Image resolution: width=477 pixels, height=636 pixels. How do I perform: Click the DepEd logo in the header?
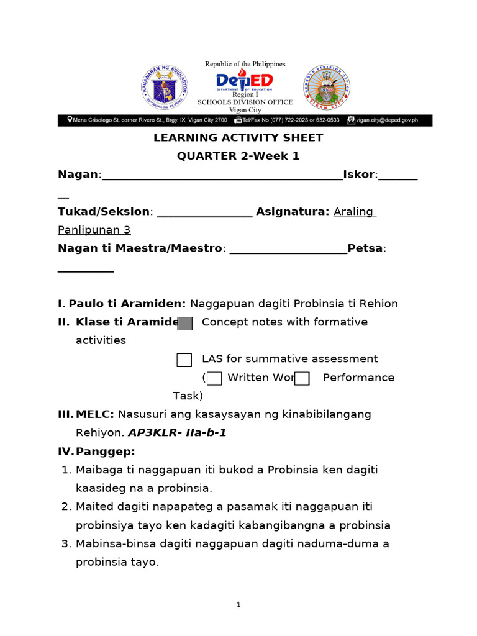[243, 82]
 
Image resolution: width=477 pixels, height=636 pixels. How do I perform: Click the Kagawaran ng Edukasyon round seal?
[165, 88]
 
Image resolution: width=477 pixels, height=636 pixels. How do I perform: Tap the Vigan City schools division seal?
[326, 88]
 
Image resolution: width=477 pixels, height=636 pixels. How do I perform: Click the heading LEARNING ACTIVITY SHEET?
[238, 138]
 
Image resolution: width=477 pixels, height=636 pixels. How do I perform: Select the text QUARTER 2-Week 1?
[238, 157]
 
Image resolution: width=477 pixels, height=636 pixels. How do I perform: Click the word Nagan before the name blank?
[78, 175]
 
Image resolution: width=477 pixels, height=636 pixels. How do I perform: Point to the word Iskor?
[359, 175]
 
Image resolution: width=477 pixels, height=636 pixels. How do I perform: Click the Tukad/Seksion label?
[104, 212]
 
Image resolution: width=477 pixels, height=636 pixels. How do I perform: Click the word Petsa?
[365, 248]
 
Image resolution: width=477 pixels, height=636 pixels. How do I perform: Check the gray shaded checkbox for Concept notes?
[184, 323]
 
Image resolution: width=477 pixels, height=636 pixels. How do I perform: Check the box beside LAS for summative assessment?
[184, 360]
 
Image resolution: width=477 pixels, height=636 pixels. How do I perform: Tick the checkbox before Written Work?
[214, 378]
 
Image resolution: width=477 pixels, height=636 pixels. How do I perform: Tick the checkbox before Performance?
[302, 378]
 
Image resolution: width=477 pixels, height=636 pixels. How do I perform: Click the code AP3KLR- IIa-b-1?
[177, 433]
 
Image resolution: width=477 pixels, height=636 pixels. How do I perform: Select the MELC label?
[95, 414]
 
